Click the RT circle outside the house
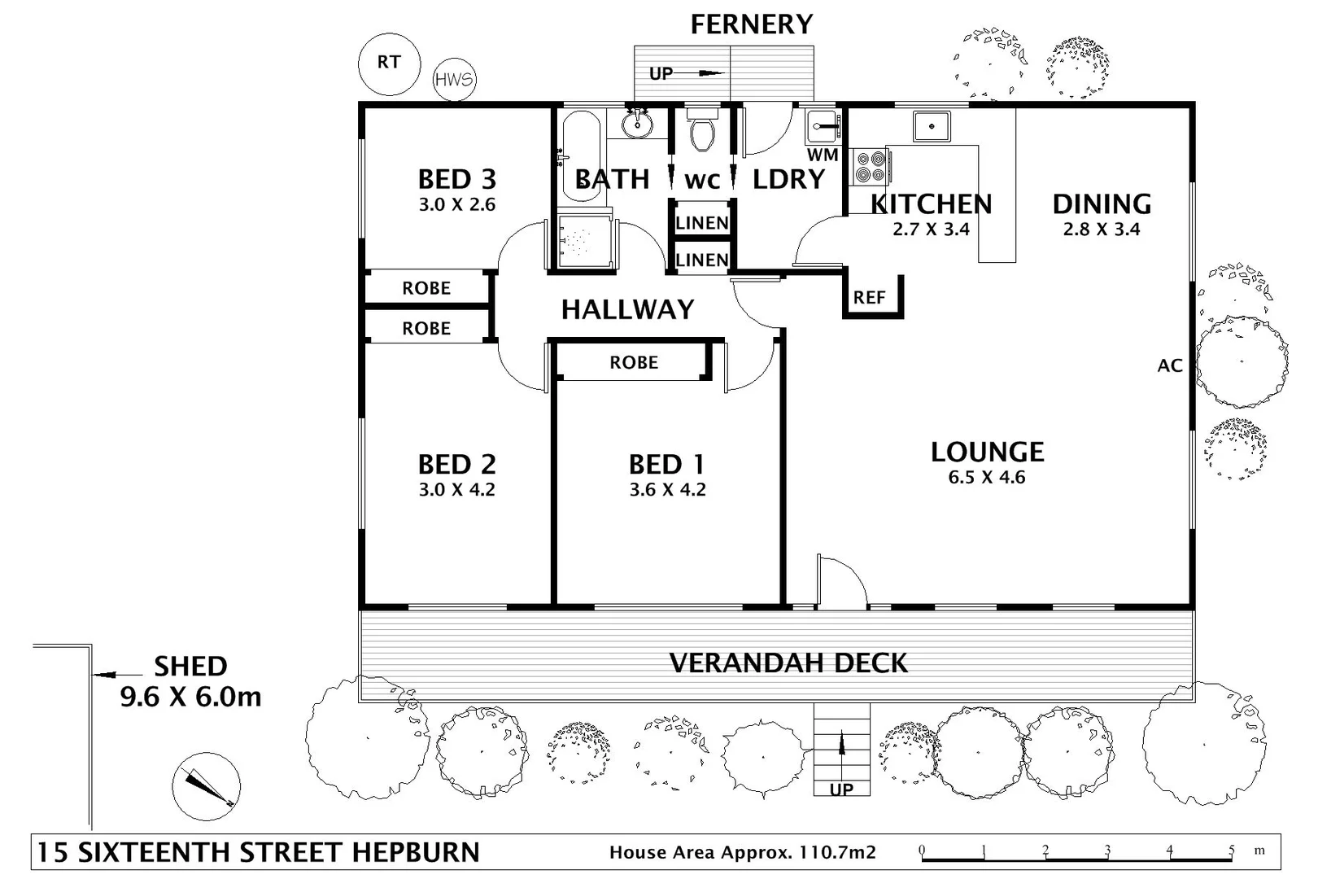click(389, 63)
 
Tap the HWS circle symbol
click(454, 80)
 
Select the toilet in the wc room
click(701, 132)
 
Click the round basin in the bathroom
click(637, 125)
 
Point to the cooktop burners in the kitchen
click(870, 166)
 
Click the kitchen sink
click(932, 126)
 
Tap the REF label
click(869, 298)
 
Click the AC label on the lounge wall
click(1169, 366)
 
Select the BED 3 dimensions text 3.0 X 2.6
click(457, 205)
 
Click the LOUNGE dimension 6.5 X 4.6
click(986, 478)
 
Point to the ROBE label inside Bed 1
click(634, 363)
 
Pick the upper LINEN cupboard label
click(702, 223)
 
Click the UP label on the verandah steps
click(841, 789)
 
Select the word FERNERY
click(751, 24)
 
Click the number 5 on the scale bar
click(1231, 851)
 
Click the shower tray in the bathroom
click(583, 241)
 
